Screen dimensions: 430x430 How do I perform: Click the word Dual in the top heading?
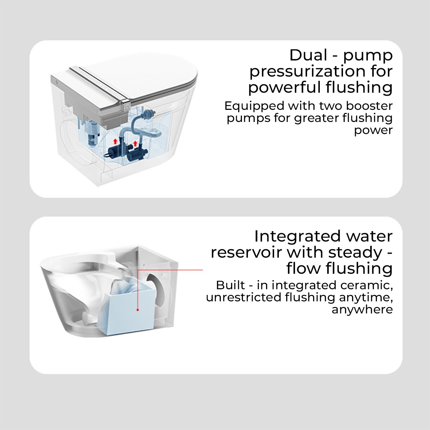pyautogui.click(x=308, y=55)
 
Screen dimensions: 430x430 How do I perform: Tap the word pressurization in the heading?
pyautogui.click(x=306, y=72)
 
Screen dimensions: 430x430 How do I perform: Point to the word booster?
pyautogui.click(x=369, y=106)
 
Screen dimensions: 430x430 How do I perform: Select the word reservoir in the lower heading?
pyautogui.click(x=247, y=253)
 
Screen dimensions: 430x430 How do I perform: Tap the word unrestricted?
pyautogui.click(x=243, y=297)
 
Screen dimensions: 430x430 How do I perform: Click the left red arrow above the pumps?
pyautogui.click(x=115, y=141)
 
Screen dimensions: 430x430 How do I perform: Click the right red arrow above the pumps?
pyautogui.click(x=135, y=143)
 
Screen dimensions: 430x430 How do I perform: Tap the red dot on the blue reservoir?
pyautogui.click(x=138, y=310)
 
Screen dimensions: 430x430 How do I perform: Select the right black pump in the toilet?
pyautogui.click(x=137, y=154)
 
